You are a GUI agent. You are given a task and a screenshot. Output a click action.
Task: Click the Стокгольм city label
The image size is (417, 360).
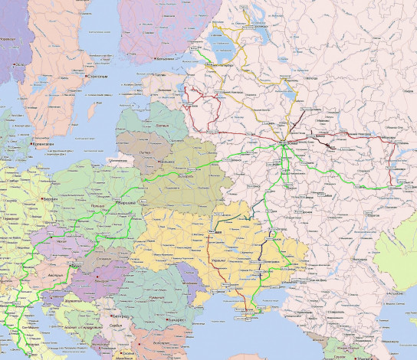(100, 77)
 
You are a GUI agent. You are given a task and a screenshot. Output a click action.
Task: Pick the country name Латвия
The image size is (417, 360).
(162, 124)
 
